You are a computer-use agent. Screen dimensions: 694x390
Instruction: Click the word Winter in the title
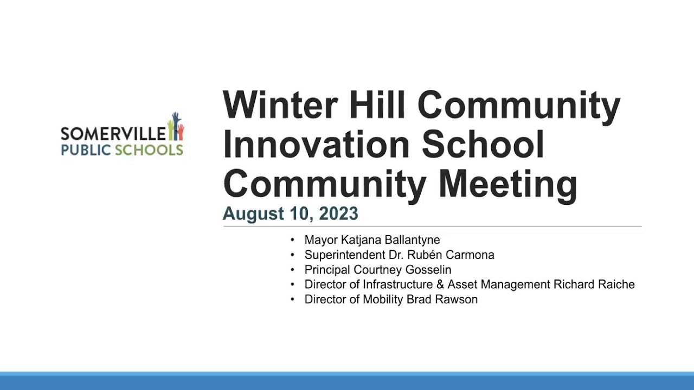(280, 105)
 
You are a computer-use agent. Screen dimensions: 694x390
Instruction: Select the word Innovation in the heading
(316, 144)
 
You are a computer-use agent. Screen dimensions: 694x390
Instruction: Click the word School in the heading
(483, 144)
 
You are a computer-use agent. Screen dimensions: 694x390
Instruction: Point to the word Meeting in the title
(508, 186)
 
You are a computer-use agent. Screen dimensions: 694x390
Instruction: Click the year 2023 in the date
(338, 213)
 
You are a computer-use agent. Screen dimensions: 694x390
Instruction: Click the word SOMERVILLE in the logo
(113, 133)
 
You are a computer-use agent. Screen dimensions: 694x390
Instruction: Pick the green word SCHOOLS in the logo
(149, 150)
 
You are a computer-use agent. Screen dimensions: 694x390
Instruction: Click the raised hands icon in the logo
(176, 126)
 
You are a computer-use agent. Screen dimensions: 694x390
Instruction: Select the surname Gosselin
(428, 270)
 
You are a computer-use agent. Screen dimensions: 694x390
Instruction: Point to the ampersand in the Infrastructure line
(440, 284)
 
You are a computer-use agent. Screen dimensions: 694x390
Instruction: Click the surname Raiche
(616, 284)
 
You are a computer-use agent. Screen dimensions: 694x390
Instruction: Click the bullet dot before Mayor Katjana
(292, 240)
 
